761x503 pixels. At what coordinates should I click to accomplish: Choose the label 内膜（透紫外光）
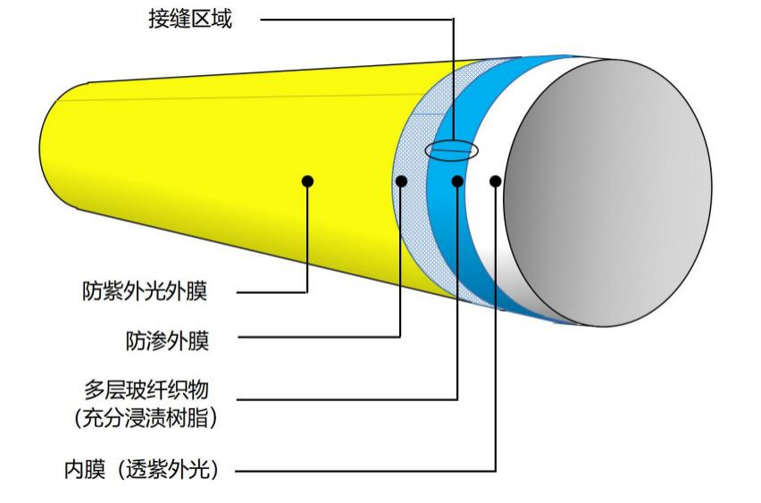pyautogui.click(x=141, y=469)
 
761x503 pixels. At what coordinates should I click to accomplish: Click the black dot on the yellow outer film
pyautogui.click(x=308, y=180)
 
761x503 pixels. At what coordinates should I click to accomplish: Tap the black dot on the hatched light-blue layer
pyautogui.click(x=401, y=180)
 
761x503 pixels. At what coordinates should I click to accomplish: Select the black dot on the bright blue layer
pyautogui.click(x=457, y=180)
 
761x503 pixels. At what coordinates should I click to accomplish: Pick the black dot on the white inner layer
pyautogui.click(x=496, y=180)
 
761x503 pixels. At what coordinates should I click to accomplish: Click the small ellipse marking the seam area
pyautogui.click(x=451, y=149)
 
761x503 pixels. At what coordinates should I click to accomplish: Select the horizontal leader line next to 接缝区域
pyautogui.click(x=357, y=19)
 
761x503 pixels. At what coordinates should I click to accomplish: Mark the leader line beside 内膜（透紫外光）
pyautogui.click(x=357, y=470)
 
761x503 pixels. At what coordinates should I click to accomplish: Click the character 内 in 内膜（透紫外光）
pyautogui.click(x=73, y=469)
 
